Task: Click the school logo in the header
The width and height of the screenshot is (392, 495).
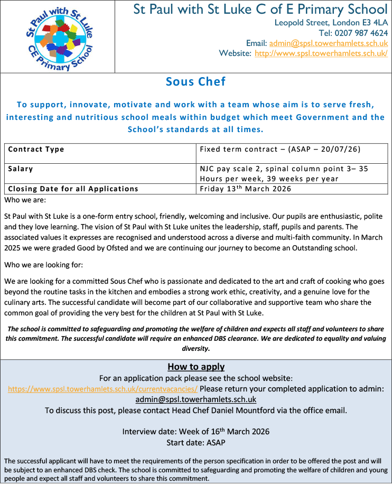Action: tap(59, 37)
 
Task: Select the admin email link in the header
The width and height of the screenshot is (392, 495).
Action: tap(329, 43)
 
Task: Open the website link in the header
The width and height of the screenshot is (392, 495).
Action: tap(321, 53)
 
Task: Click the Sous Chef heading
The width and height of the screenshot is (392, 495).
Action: tap(195, 81)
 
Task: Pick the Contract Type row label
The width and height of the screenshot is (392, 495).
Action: tap(36, 150)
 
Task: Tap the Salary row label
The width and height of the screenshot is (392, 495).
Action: tap(21, 169)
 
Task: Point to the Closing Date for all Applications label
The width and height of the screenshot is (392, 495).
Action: tap(73, 189)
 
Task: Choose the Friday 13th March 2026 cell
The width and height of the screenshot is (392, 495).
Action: tap(246, 189)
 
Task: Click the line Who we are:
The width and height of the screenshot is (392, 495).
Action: tap(25, 200)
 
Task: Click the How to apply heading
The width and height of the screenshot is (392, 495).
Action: tap(196, 367)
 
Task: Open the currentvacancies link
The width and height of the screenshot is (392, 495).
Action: tap(103, 389)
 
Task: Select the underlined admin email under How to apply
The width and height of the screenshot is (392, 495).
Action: tap(196, 399)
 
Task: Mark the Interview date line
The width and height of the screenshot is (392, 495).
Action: tap(196, 431)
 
